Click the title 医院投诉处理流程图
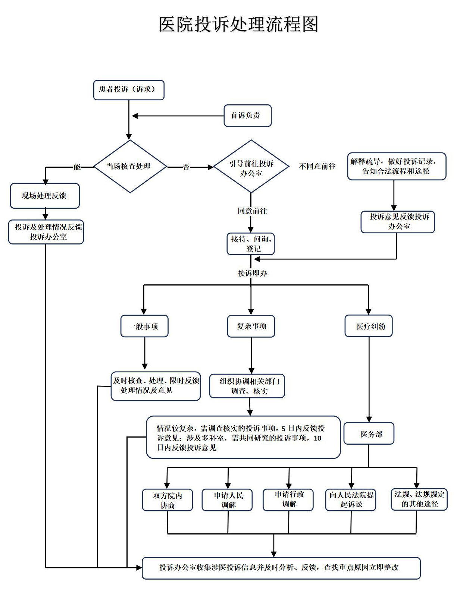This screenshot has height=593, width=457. [238, 25]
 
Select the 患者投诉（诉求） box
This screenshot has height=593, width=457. [129, 90]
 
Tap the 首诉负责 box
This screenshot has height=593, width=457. [247, 116]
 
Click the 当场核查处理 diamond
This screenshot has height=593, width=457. [130, 167]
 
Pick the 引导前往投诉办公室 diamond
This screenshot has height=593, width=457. [251, 167]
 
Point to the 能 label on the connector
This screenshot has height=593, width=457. [77, 167]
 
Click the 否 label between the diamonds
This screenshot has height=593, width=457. [186, 167]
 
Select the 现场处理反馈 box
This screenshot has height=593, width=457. [45, 196]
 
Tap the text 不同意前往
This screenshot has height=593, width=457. [317, 166]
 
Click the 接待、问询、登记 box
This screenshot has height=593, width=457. [251, 244]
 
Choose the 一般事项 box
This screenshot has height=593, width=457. [144, 326]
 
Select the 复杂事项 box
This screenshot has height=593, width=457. [251, 326]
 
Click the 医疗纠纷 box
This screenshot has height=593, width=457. [369, 326]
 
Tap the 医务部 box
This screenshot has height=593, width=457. [369, 433]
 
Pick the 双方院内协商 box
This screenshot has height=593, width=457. [168, 500]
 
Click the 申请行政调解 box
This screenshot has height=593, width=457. [288, 499]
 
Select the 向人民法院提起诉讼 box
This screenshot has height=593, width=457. [351, 499]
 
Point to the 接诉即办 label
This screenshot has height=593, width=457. [252, 273]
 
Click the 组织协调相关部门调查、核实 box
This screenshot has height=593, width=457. [247, 386]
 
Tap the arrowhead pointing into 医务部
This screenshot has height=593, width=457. [369, 420]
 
